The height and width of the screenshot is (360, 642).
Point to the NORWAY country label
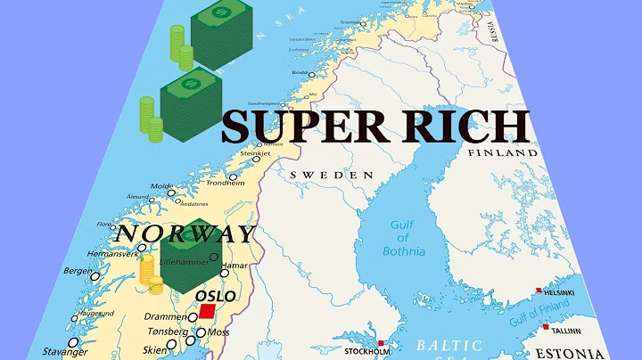tap(185, 233)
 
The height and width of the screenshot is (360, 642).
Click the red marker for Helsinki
tap(538, 290)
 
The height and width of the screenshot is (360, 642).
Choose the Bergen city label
tap(78, 270)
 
